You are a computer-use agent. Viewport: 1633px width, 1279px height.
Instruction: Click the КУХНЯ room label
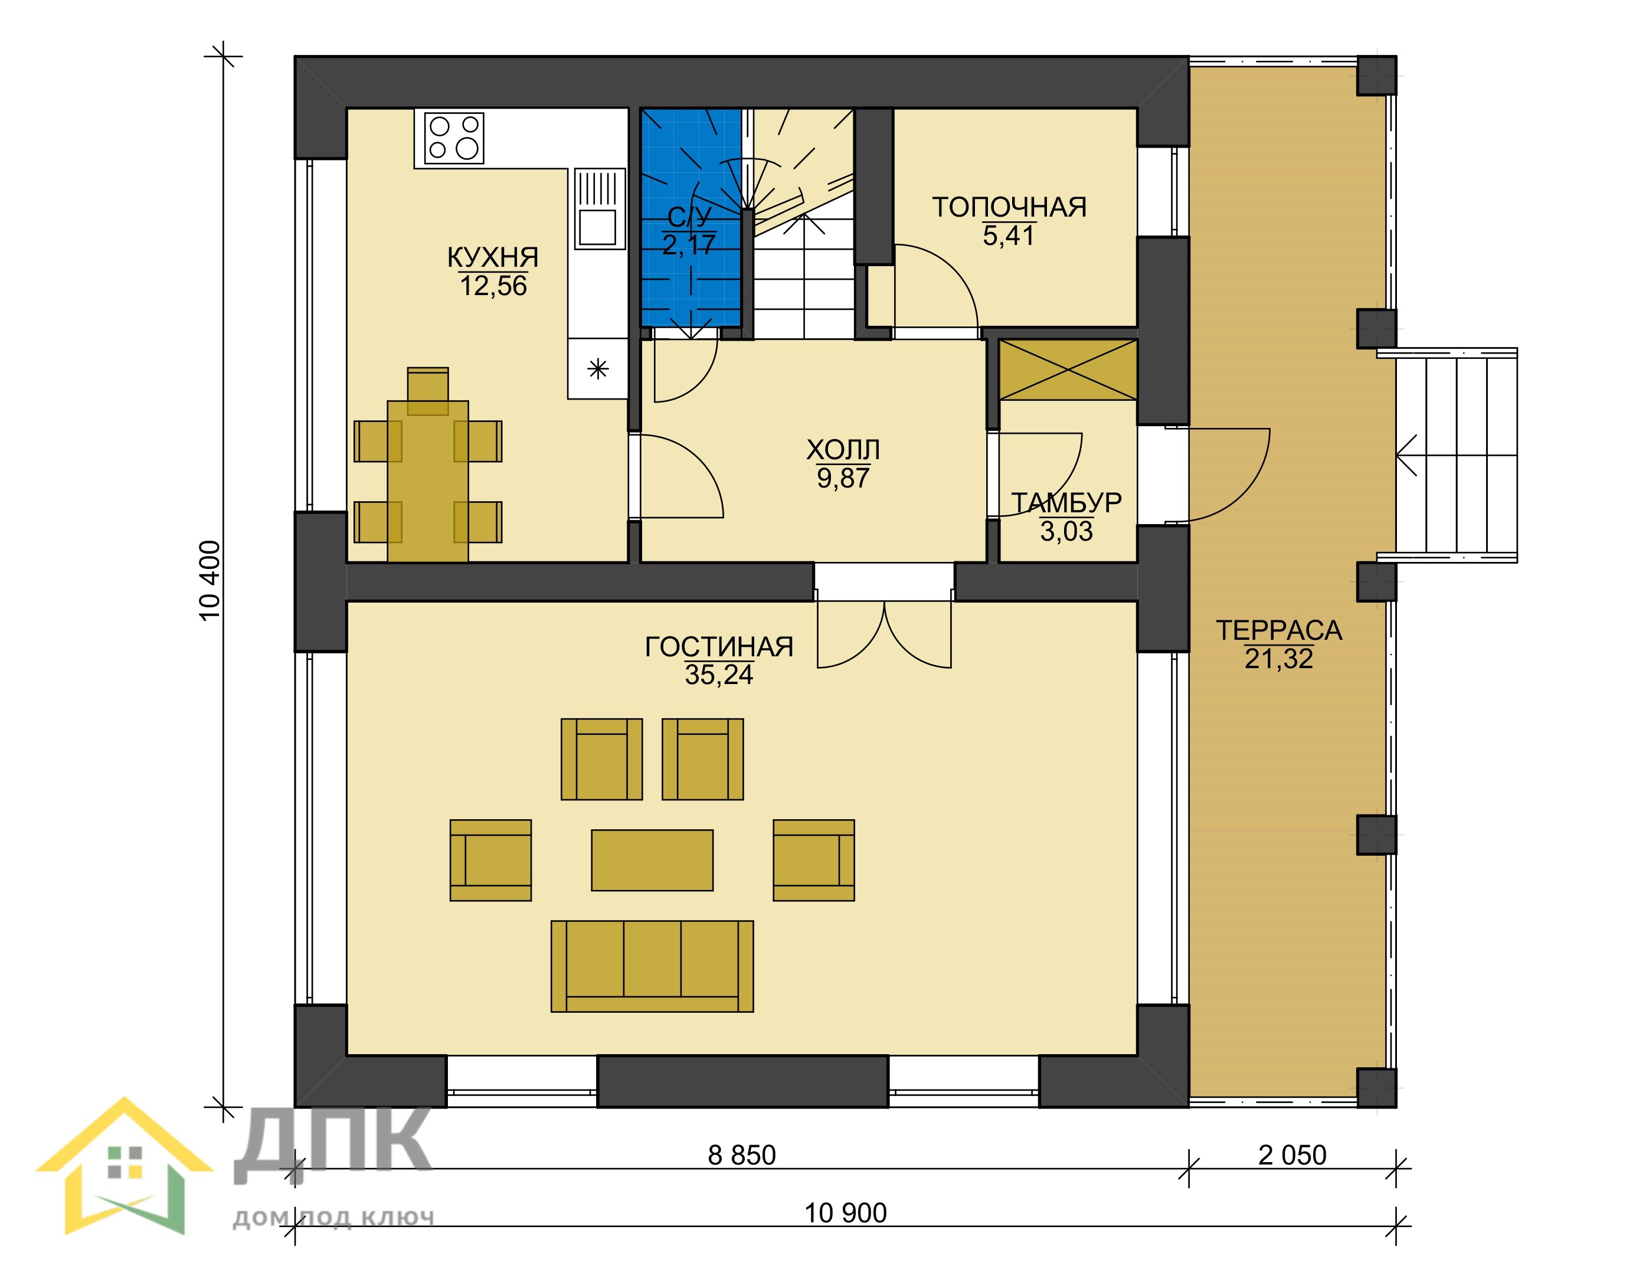pos(493,257)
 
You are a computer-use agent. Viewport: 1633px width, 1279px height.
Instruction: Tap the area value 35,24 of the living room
pos(719,675)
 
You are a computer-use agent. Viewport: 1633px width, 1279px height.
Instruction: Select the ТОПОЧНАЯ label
pos(1009,207)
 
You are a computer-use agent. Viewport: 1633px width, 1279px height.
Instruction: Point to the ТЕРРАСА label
pos(1279,630)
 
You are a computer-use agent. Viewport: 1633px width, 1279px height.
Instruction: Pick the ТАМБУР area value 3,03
pos(1066,531)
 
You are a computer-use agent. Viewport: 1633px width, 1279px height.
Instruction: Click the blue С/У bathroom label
pos(689,217)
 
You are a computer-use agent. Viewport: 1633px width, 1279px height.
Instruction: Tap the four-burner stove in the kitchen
pos(454,138)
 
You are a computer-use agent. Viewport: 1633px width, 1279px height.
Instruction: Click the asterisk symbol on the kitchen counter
pos(597,368)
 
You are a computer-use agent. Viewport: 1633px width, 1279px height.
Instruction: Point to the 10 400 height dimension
pos(211,580)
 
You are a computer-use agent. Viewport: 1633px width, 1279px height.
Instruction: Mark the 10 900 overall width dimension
pos(845,1213)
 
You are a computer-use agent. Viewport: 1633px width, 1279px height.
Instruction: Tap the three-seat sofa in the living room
pos(652,967)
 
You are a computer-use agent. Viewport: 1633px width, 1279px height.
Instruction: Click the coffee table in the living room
pos(652,861)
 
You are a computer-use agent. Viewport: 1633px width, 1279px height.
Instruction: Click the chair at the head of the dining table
pos(427,391)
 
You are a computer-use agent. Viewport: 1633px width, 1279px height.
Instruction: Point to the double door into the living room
pos(884,629)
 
